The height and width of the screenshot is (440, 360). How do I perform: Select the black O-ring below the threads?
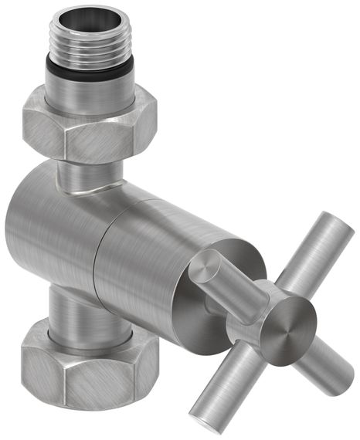click(87, 70)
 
